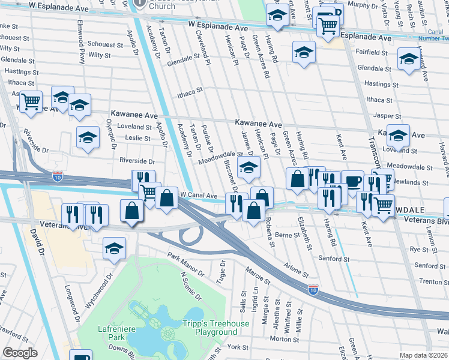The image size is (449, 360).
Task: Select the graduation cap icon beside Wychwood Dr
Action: [x=113, y=248]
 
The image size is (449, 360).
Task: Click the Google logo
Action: [x=20, y=353]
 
